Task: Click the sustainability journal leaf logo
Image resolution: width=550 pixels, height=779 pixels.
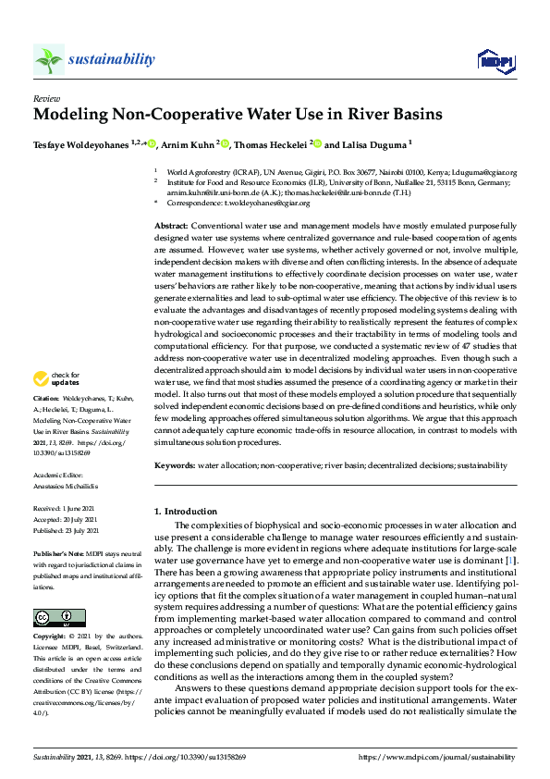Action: coord(48,60)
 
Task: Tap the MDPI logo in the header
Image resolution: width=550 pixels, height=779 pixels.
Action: coord(495,61)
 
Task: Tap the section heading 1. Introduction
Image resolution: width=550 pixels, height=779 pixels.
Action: coord(182,511)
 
